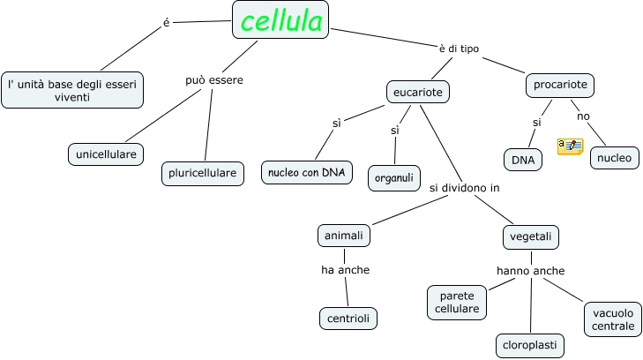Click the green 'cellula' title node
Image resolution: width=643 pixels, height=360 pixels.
[280, 19]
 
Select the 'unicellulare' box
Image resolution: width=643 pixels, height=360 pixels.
[106, 154]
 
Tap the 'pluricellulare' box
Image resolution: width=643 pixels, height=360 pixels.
[203, 174]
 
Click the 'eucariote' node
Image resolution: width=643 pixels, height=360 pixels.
[418, 92]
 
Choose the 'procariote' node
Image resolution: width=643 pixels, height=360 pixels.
[560, 86]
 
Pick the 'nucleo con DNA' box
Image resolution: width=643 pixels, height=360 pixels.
[307, 173]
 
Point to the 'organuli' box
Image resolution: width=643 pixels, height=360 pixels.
[394, 178]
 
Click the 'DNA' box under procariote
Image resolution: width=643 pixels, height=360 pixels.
[523, 160]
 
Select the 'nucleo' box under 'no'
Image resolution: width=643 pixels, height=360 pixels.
[614, 158]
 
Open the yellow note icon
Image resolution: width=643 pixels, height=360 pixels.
[571, 146]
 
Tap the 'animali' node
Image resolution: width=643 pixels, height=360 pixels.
[344, 236]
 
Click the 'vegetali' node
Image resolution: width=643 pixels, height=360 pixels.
[531, 237]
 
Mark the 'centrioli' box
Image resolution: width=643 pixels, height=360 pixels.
[348, 319]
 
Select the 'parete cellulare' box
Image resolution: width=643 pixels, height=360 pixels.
[457, 303]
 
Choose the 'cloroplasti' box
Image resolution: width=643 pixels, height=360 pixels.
[530, 346]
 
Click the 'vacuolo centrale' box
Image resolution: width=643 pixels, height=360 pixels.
[613, 319]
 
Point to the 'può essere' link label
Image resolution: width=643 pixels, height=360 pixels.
[214, 80]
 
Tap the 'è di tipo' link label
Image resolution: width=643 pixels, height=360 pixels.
[459, 49]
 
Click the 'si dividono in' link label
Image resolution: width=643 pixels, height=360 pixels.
[465, 188]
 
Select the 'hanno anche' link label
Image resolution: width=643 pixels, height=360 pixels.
[531, 271]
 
